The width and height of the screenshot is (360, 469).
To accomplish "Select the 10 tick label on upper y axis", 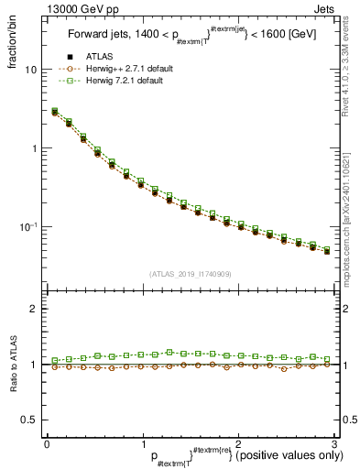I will pyautogui.click(x=30, y=70).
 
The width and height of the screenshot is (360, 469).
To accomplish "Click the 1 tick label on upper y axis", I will pyautogui.click(x=33, y=147).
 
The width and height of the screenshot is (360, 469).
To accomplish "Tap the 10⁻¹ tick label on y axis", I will pyautogui.click(x=27, y=225).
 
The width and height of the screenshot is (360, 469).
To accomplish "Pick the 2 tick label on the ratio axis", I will pyautogui.click(x=33, y=309).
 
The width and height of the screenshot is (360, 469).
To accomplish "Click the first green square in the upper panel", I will pyautogui.click(x=55, y=111).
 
